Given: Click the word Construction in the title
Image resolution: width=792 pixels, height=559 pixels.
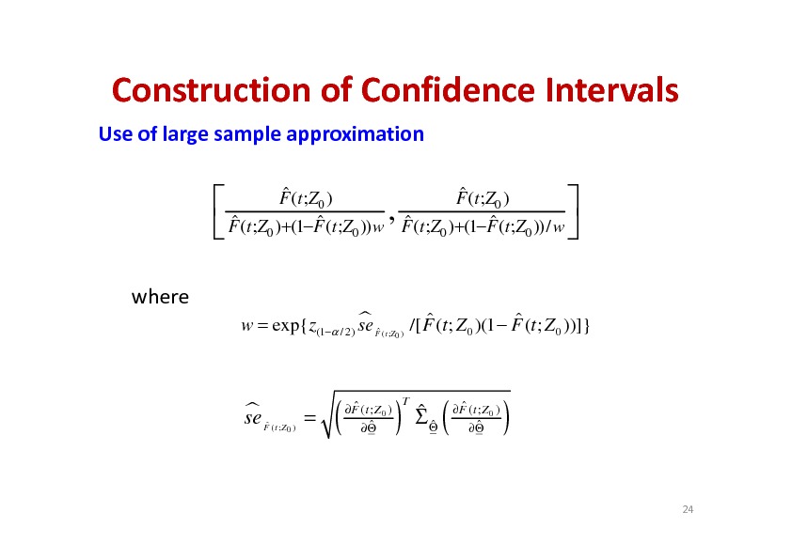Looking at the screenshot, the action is [x=211, y=90].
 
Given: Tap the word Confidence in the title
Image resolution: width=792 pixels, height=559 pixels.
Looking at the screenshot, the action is [x=448, y=90].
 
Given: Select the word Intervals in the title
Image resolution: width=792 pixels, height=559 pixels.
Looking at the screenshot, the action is [x=612, y=90].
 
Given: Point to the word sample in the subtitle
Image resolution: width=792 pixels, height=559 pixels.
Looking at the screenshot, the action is [x=247, y=134].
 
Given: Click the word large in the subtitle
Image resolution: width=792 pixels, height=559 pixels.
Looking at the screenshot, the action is [x=185, y=134].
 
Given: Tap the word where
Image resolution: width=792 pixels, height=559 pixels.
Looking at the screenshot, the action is [x=160, y=297].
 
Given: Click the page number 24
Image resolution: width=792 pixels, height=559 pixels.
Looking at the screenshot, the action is [x=688, y=509].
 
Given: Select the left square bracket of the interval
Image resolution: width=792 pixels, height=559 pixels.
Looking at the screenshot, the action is [x=215, y=211].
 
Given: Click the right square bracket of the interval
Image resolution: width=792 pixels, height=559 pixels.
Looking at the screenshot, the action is [x=575, y=211].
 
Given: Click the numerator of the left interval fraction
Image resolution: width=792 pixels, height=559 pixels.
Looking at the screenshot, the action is [x=306, y=198].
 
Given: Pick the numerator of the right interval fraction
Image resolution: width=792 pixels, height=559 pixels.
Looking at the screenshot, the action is [x=483, y=198].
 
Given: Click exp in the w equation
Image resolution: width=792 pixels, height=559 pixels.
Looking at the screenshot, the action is [x=286, y=326].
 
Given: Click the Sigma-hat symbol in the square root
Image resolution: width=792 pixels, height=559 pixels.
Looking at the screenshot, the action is [x=420, y=416].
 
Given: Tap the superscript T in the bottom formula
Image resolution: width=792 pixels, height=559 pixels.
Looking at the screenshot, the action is [x=405, y=401].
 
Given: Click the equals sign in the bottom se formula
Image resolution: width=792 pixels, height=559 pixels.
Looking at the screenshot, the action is [x=309, y=418].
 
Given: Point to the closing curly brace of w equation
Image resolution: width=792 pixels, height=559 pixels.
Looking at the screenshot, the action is [x=586, y=326].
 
